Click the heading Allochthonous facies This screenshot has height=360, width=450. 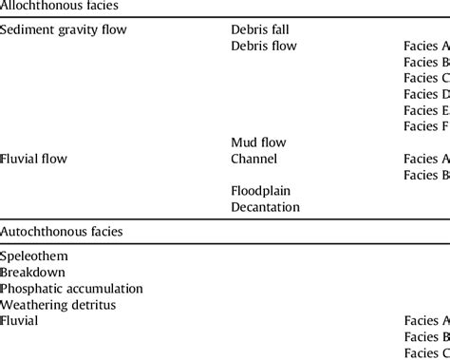(60, 7)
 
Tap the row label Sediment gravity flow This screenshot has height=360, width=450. (64, 29)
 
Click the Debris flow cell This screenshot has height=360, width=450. (263, 46)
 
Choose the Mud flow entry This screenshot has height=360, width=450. (258, 142)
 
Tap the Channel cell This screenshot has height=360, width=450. (254, 159)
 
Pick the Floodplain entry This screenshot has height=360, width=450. (260, 191)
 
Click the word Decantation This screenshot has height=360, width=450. (265, 207)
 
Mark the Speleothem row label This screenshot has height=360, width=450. (34, 256)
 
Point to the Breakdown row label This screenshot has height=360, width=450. (32, 273)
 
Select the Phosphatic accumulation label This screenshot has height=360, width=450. (71, 289)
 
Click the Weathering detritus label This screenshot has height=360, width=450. (58, 305)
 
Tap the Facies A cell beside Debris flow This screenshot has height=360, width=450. (426, 46)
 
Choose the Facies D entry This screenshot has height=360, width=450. (426, 94)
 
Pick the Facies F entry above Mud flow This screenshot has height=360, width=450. (426, 126)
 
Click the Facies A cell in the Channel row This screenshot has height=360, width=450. (426, 159)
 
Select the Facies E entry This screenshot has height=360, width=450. (426, 110)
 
